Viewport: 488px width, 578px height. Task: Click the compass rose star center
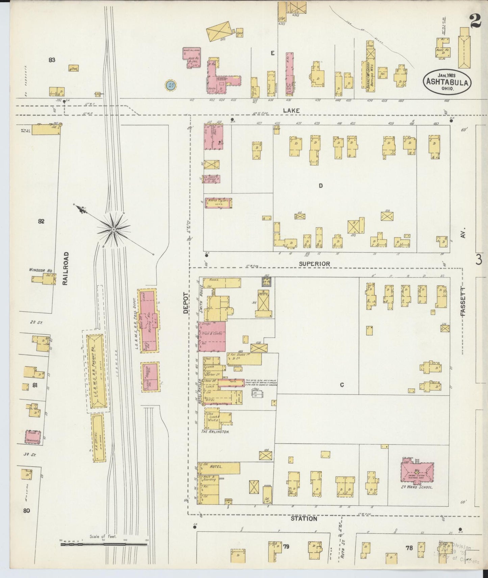pos(114,230)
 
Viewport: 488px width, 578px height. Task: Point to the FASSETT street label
pos(462,302)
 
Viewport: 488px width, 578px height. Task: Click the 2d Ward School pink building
pos(417,473)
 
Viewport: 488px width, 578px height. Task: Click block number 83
pos(52,60)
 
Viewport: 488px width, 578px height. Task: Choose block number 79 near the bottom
pos(286,546)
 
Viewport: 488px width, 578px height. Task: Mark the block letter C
pos(342,385)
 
